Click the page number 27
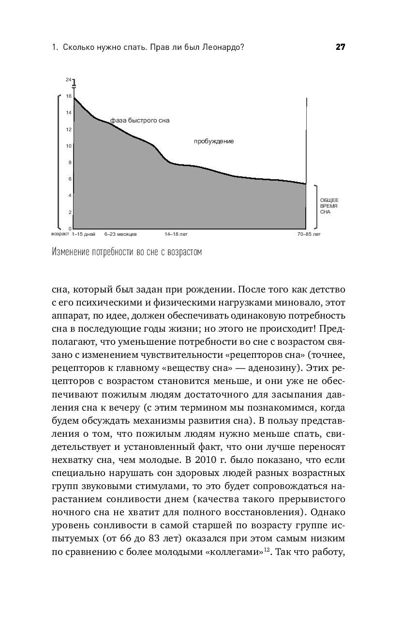pos(340,47)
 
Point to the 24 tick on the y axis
pos(69,79)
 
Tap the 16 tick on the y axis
pos(69,96)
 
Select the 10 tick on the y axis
pos(69,146)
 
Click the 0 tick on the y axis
pos(70,229)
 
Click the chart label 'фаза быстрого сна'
pos(140,121)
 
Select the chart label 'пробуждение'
pos(214,141)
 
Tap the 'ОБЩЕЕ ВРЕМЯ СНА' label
pos(329,206)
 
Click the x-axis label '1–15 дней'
pos(84,234)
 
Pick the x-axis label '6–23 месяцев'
pos(120,234)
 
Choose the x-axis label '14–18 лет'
pos(176,234)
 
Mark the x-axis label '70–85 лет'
pos(309,234)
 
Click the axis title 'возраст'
pos(60,234)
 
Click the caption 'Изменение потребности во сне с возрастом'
pos(126,252)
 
